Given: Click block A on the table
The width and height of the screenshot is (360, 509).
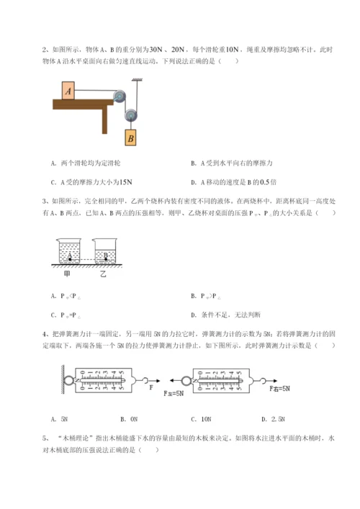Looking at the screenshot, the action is tap(68, 90).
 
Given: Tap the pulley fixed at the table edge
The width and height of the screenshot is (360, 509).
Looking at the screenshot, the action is tap(120, 94).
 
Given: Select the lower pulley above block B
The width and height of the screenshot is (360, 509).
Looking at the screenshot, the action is tap(131, 114).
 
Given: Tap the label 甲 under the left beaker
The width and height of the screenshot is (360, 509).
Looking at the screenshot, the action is tap(68, 273).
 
